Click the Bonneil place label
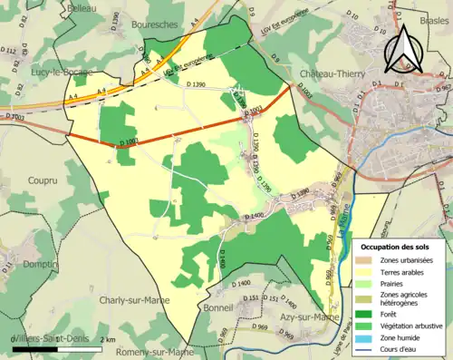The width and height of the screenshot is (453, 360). (x=220, y=308)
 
